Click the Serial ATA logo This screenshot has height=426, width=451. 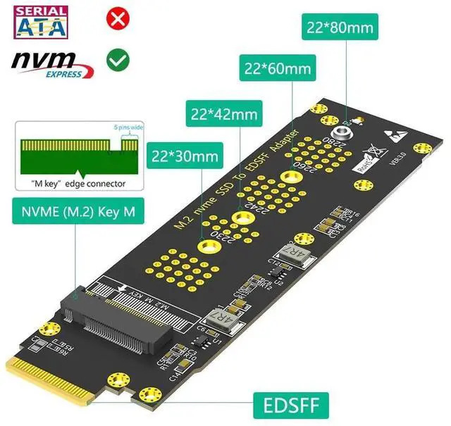[x=39, y=22]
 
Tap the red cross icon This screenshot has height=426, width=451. [x=114, y=18]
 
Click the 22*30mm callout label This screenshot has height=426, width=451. [x=182, y=156]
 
